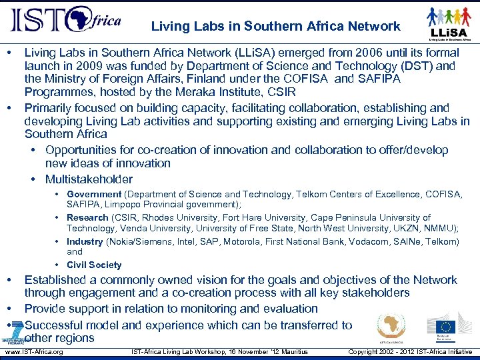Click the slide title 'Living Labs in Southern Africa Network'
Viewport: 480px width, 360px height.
click(x=275, y=27)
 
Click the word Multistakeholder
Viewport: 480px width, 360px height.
click(x=89, y=179)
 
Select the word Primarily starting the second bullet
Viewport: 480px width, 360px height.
click(x=50, y=108)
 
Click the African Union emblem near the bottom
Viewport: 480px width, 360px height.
click(x=391, y=327)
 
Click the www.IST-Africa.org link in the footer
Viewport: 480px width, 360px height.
click(x=33, y=351)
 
